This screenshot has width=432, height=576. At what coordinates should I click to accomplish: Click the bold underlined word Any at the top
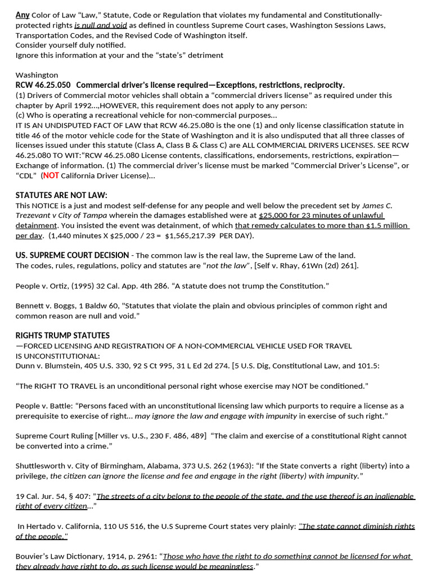[x=22, y=15]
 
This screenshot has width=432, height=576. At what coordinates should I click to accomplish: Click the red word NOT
[x=51, y=175]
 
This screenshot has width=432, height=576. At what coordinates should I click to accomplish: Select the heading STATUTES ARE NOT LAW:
[x=61, y=195]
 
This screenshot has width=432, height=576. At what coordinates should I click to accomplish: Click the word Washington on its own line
[x=37, y=75]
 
